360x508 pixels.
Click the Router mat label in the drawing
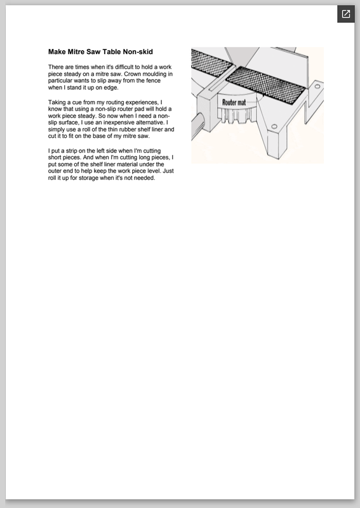click(x=234, y=102)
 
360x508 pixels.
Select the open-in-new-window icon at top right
click(x=346, y=14)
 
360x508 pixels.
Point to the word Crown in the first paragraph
click(x=133, y=74)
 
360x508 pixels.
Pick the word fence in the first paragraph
click(x=154, y=81)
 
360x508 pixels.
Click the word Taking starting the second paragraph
click(x=57, y=102)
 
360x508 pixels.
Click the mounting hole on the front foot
click(x=274, y=126)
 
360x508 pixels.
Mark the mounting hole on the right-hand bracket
click(x=317, y=86)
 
